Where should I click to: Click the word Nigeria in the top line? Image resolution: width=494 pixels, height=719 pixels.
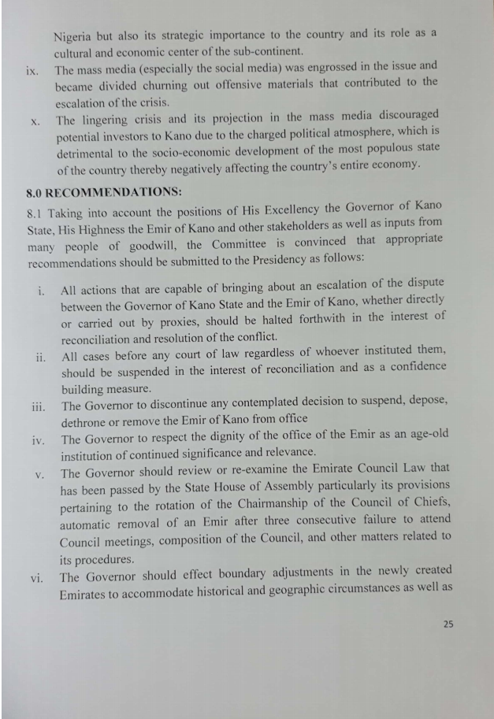click(73, 36)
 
